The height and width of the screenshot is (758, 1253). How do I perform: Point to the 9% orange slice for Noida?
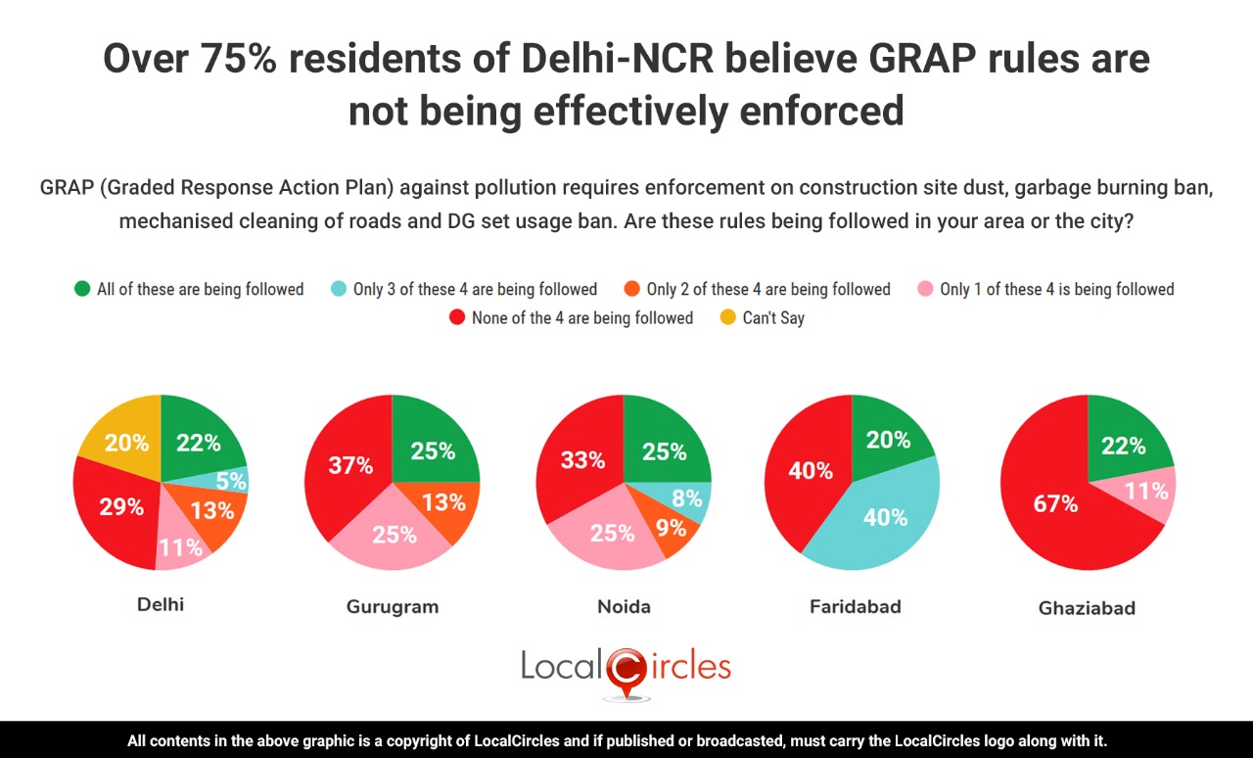672,530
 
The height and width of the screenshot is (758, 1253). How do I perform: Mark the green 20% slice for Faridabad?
887,439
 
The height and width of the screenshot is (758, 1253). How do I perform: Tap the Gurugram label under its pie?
393,606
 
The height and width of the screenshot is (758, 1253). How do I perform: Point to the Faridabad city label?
855,606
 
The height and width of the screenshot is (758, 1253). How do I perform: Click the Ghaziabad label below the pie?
1087,608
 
